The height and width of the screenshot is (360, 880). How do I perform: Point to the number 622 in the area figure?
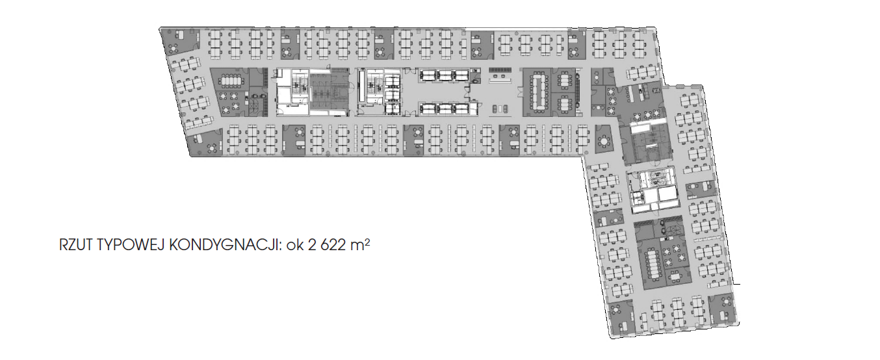[333, 245]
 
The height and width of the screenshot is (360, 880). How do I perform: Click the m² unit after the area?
[359, 244]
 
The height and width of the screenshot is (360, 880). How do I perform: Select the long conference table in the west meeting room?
[233, 81]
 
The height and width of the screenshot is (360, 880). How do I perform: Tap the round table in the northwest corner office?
[173, 48]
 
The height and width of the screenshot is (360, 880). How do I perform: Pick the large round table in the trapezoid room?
[603, 140]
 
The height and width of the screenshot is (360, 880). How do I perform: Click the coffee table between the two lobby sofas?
[500, 109]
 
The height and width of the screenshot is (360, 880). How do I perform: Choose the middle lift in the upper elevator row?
[445, 75]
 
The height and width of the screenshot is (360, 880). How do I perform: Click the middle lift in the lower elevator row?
[445, 109]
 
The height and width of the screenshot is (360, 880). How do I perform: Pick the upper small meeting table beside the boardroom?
[565, 81]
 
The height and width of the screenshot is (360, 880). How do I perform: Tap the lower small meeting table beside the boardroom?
[565, 103]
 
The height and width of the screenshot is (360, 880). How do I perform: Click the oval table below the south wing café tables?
[676, 276]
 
